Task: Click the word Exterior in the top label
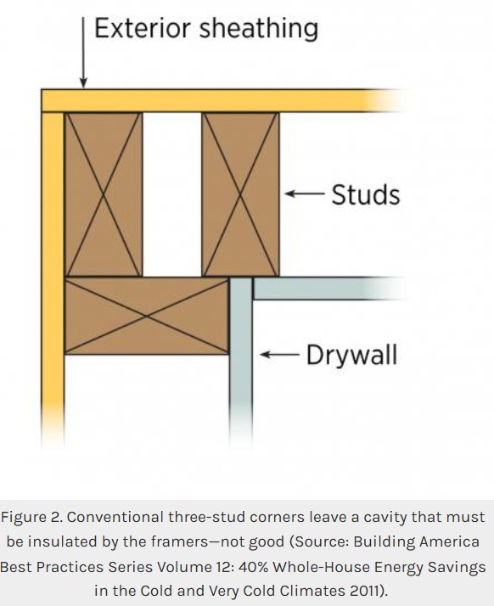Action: coord(143,28)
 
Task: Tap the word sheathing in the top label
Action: coord(259,30)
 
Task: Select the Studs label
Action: coord(366,194)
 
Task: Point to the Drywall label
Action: coord(351,355)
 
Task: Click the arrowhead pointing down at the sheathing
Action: coord(83,82)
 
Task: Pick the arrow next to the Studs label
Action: coord(305,194)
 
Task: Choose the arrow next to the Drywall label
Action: coord(279,354)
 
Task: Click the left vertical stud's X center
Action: coord(104,195)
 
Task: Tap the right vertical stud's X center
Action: coord(240,195)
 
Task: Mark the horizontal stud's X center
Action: coord(147,316)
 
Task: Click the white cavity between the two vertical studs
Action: coord(172,194)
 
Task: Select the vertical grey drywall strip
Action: coord(241,359)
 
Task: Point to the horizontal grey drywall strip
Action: coord(328,289)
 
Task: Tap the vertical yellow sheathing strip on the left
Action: coord(53,278)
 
